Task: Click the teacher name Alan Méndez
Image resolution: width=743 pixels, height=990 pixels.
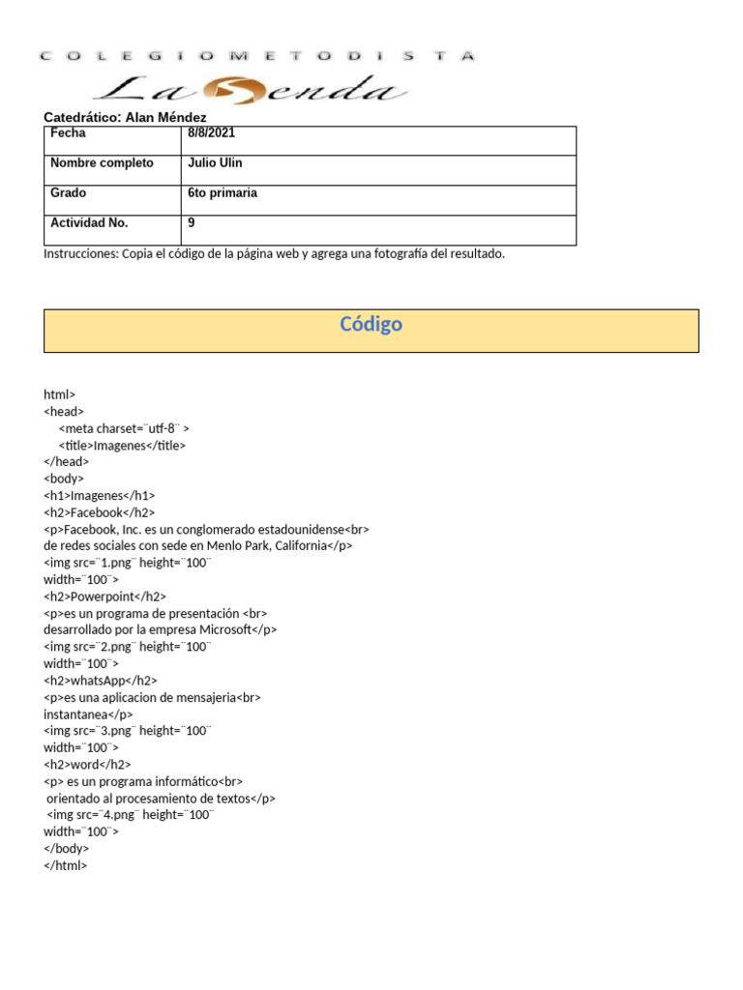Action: coord(165,117)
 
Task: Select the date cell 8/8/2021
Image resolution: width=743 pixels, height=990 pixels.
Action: coord(212,133)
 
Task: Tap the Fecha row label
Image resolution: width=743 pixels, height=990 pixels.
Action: coord(68,133)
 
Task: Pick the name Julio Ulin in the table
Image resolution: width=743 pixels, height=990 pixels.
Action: coord(215,163)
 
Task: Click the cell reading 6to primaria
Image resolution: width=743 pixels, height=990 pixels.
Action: coord(223,193)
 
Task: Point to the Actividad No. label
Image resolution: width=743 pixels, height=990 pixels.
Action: coord(89,223)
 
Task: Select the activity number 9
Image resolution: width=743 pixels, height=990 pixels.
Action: coord(192,223)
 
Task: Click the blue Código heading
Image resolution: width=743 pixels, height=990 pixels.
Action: coord(371,325)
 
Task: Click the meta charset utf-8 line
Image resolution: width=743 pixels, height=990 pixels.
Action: coord(124,428)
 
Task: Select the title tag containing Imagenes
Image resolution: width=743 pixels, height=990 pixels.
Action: coord(122,446)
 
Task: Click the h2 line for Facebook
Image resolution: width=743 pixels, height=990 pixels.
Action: coord(99,512)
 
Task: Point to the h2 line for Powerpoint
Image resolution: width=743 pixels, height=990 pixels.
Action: coord(104,597)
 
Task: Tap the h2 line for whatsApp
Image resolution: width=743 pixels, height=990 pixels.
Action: coord(101,681)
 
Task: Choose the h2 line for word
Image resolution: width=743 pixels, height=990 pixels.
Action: coord(87,765)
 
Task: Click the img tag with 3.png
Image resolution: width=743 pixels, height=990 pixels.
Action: coord(127,731)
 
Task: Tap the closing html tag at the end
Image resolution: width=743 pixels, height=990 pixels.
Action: coord(65,866)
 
